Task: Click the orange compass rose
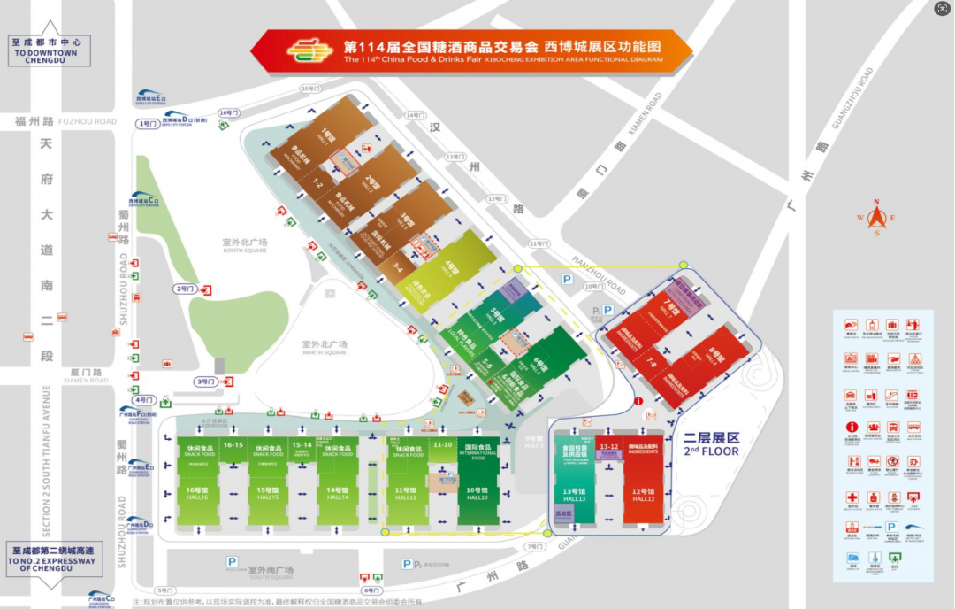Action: [876, 217]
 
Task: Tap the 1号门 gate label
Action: [148, 124]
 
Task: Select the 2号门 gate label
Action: [185, 289]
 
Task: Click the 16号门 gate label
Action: [229, 112]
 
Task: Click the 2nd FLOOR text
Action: [711, 451]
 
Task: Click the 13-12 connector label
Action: [607, 447]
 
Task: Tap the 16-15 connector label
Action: [233, 444]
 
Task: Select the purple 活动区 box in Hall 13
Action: [563, 513]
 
